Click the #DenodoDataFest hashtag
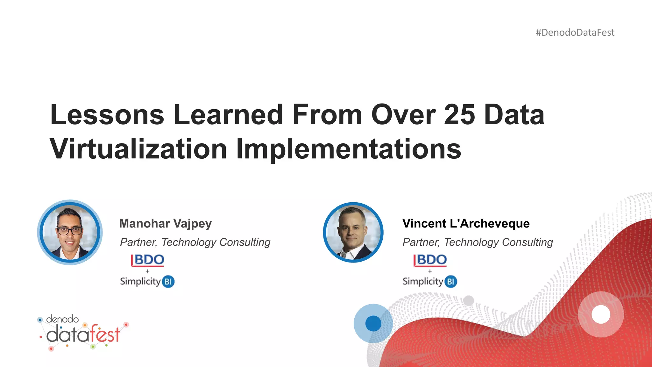pos(575,32)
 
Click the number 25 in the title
pos(459,115)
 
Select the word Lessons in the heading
pos(107,115)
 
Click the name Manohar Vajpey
pos(165,223)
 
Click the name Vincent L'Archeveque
pos(466,223)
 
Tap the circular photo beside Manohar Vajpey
pos(70,232)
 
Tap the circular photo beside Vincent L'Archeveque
pos(353,232)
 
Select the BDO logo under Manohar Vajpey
pos(148,260)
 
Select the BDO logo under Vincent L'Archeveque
pos(430,260)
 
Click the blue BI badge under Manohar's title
pos(168,282)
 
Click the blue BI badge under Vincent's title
pos(451,282)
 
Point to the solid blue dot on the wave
pos(373,323)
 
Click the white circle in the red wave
pos(601,314)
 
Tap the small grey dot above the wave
pos(468,300)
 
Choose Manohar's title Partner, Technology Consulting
pos(195,242)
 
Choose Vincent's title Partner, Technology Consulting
pos(478,242)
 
